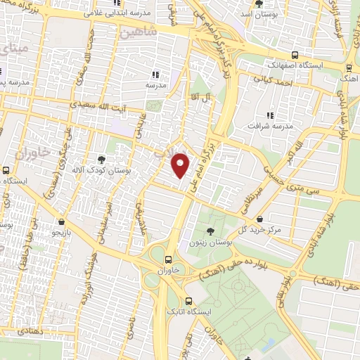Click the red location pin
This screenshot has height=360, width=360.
coord(181,165)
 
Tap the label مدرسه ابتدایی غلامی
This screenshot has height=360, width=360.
coord(113,12)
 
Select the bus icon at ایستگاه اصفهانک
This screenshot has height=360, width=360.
coord(296,55)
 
